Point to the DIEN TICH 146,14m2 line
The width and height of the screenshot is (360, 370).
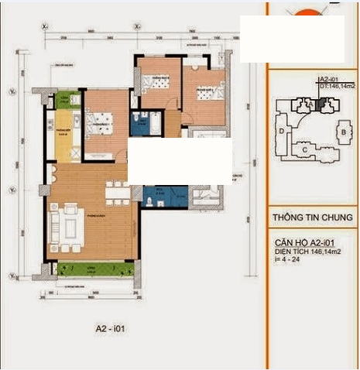[x=309, y=252]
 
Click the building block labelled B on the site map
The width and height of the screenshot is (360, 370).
[x=341, y=132]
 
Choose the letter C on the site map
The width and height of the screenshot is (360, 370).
[x=305, y=149]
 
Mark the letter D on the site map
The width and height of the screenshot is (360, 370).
[x=281, y=132]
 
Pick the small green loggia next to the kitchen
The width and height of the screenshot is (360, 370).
[x=68, y=99]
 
